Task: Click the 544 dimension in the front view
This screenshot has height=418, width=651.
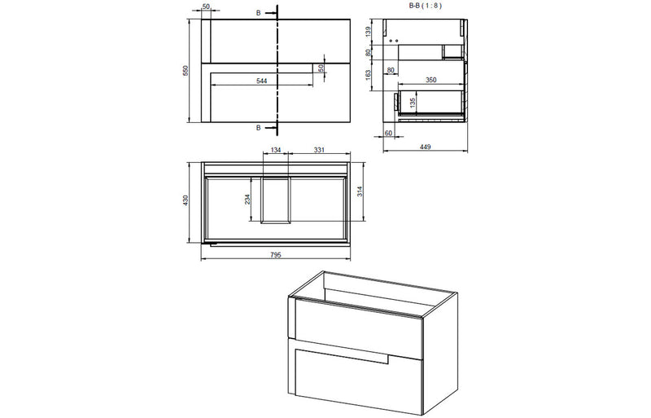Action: [261, 81]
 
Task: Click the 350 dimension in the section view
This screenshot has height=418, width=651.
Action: [431, 81]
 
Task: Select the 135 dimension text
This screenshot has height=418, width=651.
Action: [413, 103]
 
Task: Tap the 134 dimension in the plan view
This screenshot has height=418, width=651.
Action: [276, 150]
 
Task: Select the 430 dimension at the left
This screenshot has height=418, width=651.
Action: [186, 200]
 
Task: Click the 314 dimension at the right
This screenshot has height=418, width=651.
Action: [360, 191]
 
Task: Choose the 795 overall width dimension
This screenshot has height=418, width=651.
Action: [275, 255]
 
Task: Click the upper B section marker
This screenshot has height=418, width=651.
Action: [259, 13]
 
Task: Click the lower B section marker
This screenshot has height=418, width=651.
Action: [259, 128]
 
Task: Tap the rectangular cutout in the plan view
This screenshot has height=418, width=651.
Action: [277, 199]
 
